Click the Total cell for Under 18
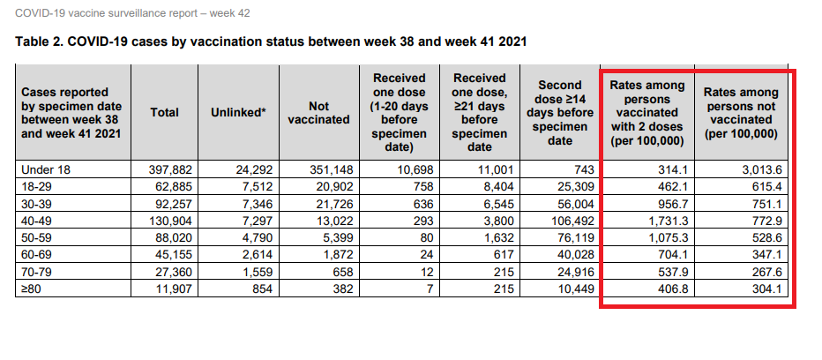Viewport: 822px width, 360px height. click(171, 169)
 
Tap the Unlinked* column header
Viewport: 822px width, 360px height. click(238, 112)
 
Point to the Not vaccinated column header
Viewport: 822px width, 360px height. click(318, 112)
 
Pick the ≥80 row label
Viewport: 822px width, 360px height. click(30, 289)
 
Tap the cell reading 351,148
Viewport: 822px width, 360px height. click(331, 169)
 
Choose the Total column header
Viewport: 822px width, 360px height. click(165, 112)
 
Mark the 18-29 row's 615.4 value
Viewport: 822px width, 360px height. click(768, 186)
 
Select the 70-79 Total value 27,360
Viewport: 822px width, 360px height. click(175, 271)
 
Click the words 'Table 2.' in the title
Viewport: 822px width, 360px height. click(40, 41)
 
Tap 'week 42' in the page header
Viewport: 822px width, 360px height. click(229, 12)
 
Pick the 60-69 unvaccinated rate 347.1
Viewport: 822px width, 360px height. click(768, 254)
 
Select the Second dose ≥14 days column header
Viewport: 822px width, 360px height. click(560, 112)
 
